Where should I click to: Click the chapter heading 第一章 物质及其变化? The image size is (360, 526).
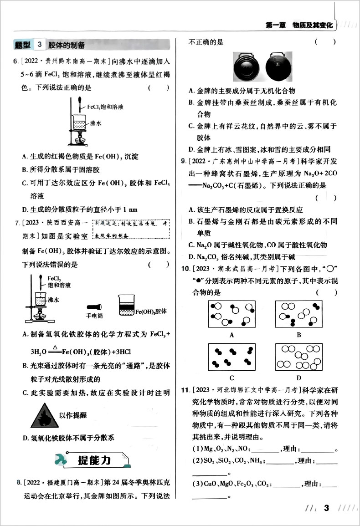(299, 26)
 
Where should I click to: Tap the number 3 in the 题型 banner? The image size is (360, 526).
(40, 44)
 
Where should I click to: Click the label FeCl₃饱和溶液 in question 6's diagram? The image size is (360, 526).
(105, 107)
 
